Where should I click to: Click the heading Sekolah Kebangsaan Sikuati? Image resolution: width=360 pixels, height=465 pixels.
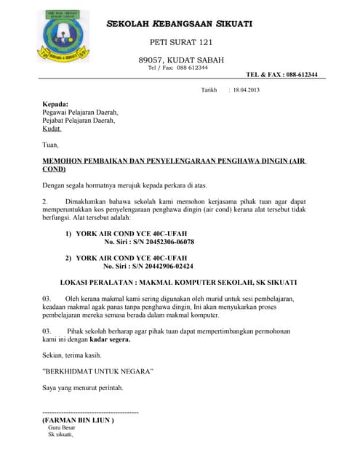point(180,24)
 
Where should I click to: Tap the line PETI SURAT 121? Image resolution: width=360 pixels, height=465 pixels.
point(181,43)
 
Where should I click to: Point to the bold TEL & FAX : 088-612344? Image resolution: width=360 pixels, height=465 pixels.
point(281,74)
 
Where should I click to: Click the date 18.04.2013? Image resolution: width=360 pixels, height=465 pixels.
point(246,90)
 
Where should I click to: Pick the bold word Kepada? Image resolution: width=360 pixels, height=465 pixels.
point(55,104)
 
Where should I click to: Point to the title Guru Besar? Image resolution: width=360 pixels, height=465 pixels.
point(62,428)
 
